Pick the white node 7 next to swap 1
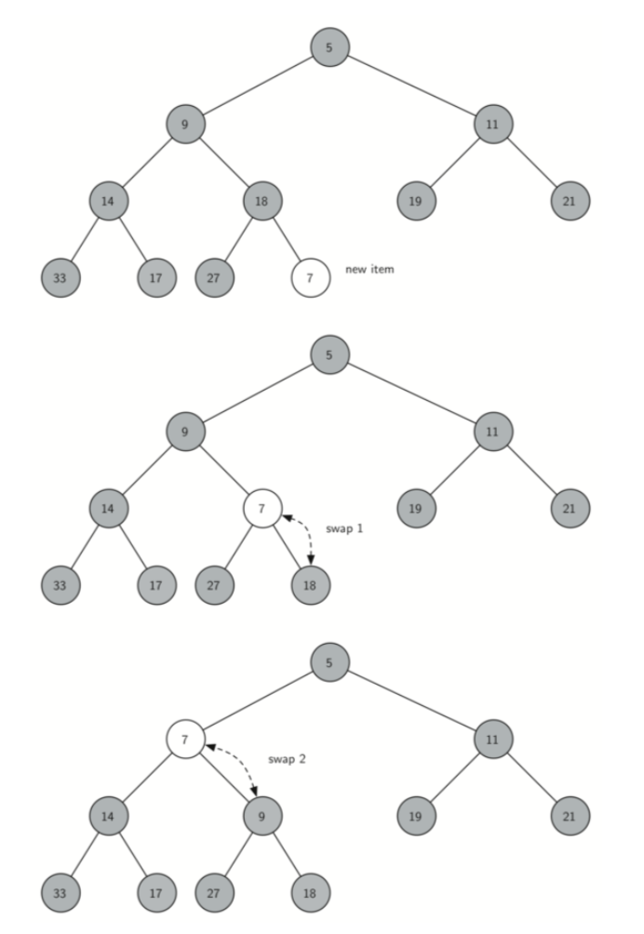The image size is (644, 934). coord(262,509)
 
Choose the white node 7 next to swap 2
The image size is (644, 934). coord(185,741)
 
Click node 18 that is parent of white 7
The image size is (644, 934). coord(262,200)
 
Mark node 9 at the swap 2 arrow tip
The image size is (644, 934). coord(262,817)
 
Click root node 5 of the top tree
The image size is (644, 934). coord(329,47)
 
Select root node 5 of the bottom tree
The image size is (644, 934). coord(329,663)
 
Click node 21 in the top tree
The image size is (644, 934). coord(570,200)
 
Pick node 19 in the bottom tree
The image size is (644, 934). coord(415,817)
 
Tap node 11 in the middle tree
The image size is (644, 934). coord(492,432)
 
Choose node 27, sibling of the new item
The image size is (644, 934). coord(214,277)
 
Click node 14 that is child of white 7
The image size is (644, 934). coord(109,817)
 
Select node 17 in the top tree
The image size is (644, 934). coord(156,277)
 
